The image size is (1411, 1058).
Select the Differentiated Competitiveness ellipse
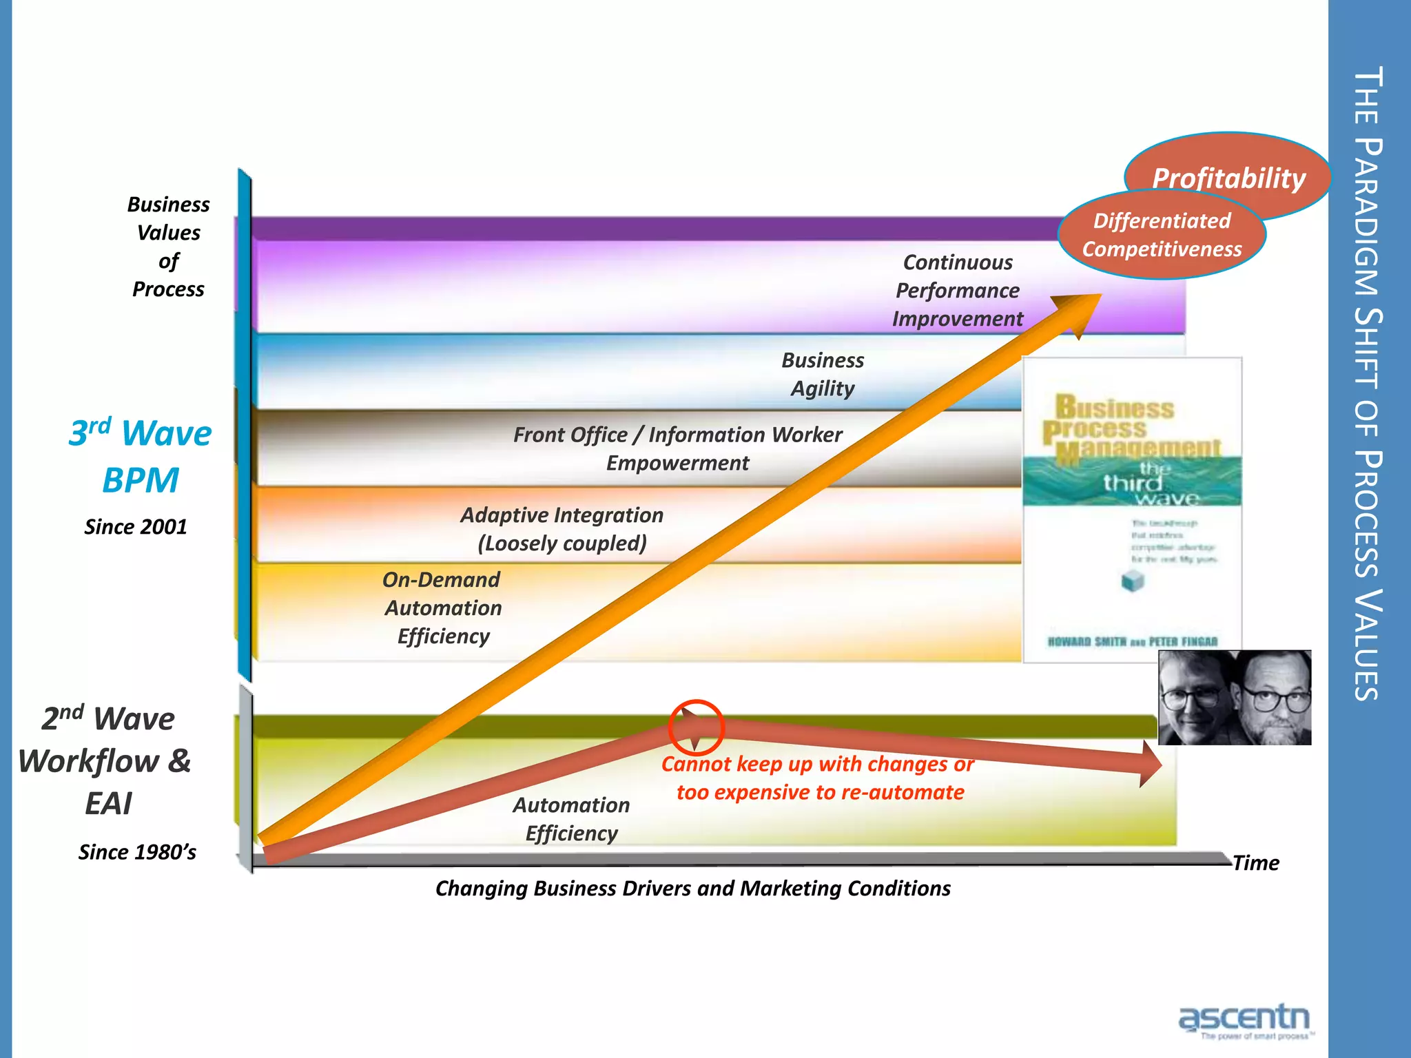point(1162,235)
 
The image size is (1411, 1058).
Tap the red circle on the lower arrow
point(696,727)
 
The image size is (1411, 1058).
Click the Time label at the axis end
point(1255,863)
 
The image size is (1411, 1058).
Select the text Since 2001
point(136,527)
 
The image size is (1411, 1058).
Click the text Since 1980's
point(137,852)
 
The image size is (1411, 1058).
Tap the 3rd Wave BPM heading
point(141,457)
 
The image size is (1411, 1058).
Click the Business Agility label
point(823,374)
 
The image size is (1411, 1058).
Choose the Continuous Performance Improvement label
point(958,291)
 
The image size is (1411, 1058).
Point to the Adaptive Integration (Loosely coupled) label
point(562,529)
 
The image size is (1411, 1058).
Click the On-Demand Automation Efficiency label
point(442,608)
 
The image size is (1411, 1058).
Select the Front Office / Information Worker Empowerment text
point(678,448)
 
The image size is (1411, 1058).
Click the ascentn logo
point(1244,1020)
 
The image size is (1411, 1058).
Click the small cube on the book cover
point(1133,581)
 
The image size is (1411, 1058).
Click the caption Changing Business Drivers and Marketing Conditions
point(692,889)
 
